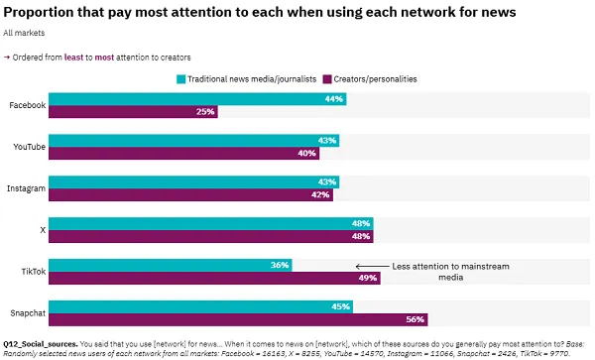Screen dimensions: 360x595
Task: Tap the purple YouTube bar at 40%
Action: [182, 154]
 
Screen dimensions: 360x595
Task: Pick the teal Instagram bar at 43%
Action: [193, 182]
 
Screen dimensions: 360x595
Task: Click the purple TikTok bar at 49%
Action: [213, 278]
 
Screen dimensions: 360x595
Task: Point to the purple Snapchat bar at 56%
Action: [238, 319]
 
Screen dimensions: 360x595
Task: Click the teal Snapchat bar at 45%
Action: [198, 306]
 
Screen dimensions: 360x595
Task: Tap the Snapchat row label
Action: [27, 312]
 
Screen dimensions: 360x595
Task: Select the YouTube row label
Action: [29, 147]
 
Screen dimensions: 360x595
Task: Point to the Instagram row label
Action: [27, 188]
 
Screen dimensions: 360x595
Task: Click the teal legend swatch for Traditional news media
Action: [181, 78]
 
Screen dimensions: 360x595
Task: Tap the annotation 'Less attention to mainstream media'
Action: [441, 273]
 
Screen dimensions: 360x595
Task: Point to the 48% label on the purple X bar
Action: [361, 236]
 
